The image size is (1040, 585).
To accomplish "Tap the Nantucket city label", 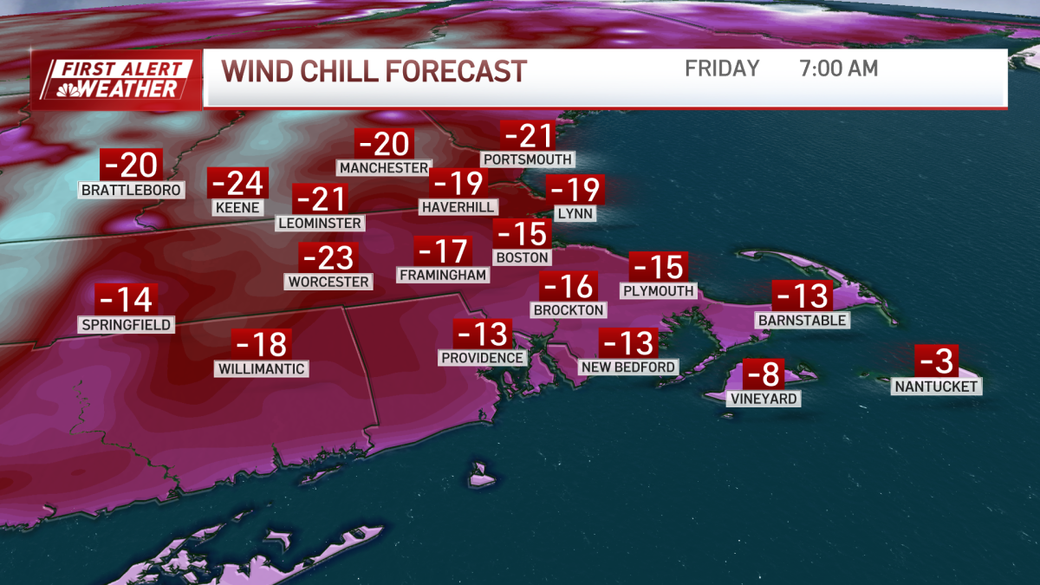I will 937,387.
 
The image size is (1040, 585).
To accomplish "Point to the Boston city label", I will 522,257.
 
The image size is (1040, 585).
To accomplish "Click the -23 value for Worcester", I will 327,258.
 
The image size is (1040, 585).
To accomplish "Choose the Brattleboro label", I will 132,190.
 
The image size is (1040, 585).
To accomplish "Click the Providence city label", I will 483,358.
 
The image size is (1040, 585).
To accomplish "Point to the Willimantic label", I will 261,369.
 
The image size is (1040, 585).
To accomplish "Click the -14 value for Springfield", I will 126,300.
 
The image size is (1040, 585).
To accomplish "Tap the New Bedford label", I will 628,367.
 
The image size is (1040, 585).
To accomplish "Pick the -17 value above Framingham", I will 443,251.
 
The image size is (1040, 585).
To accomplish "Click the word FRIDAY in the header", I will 722,68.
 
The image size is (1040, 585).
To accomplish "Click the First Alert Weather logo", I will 117,79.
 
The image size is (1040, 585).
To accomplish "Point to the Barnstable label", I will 802,321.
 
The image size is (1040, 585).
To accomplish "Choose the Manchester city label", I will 384,167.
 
